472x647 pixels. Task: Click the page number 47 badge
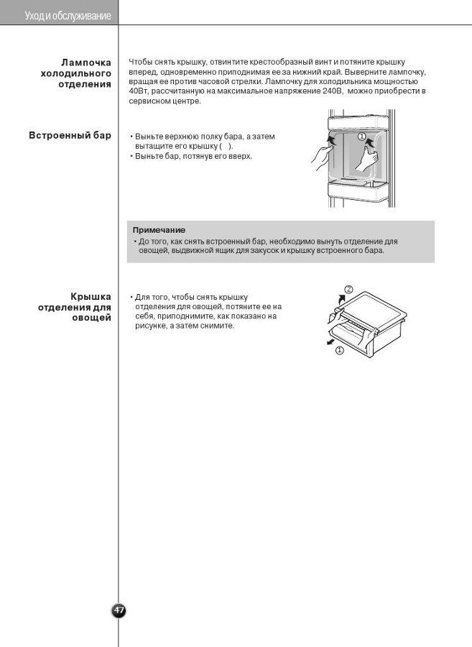pos(119,610)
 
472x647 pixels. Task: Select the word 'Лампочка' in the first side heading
pos(86,63)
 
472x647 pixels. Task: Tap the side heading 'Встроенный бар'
pos(70,135)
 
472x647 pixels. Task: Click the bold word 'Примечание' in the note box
pos(159,230)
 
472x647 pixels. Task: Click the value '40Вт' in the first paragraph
pos(138,91)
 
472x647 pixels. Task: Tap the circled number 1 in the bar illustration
pos(361,136)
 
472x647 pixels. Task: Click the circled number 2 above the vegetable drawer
pos(348,289)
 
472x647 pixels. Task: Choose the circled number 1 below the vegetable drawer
pos(340,351)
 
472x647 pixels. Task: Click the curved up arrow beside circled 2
pos(337,297)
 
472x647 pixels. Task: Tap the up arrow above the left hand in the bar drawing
pos(330,137)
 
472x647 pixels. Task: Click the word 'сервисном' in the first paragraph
pos(149,101)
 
